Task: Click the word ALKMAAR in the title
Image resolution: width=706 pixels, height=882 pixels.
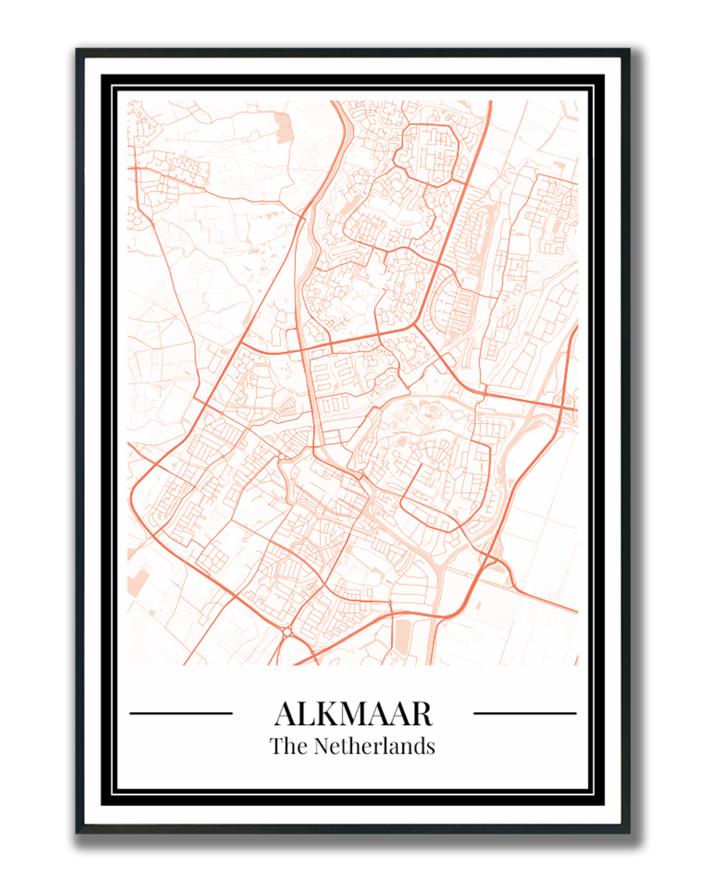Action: pyautogui.click(x=353, y=713)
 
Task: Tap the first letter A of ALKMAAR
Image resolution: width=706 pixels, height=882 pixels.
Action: pyautogui.click(x=286, y=714)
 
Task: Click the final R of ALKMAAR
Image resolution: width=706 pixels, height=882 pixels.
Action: pyautogui.click(x=421, y=714)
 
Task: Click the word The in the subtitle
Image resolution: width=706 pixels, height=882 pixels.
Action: pyautogui.click(x=288, y=746)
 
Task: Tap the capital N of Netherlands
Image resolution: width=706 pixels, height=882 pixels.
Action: pyautogui.click(x=322, y=746)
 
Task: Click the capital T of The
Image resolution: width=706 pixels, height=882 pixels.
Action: pyautogui.click(x=277, y=746)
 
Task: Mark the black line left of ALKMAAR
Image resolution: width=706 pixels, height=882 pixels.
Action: pyautogui.click(x=181, y=713)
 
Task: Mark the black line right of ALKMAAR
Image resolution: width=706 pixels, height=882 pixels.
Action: pyautogui.click(x=524, y=713)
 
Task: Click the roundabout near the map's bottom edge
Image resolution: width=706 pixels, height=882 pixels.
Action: pyautogui.click(x=286, y=631)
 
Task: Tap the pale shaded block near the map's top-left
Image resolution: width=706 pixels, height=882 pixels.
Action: pyautogui.click(x=283, y=128)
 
